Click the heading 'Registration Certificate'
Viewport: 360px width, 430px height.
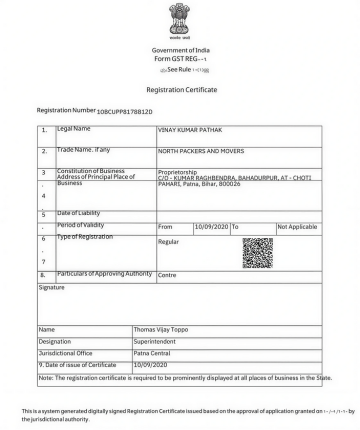coord(180,89)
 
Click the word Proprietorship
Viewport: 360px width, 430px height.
coord(180,171)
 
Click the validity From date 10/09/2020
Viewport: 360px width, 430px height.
coord(211,227)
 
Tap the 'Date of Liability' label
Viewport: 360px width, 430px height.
coord(84,213)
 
